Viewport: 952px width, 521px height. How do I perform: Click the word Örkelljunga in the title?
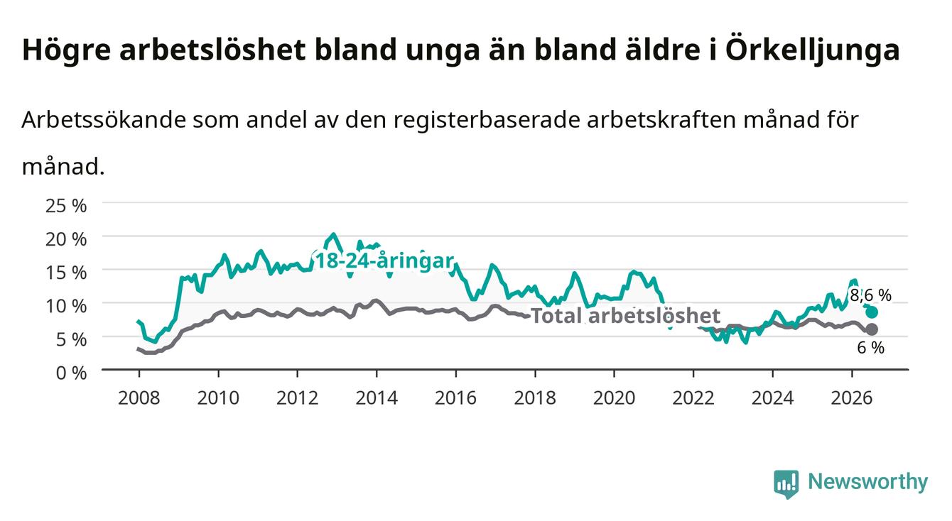click(812, 51)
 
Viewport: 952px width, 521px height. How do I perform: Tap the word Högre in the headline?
click(67, 51)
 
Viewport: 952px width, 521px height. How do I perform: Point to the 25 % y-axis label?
click(66, 206)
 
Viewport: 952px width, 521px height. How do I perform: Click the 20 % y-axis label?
click(66, 239)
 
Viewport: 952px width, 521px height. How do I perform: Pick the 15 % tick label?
click(66, 273)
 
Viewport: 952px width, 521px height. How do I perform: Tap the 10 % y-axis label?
click(66, 306)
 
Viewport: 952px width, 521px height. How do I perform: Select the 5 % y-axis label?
click(71, 340)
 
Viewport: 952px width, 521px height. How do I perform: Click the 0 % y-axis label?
click(71, 373)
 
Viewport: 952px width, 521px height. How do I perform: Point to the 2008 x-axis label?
click(139, 398)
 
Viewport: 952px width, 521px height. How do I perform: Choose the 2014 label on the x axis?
click(377, 398)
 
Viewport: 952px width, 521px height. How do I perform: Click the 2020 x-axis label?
click(614, 398)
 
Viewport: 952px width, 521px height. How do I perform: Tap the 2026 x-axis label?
click(852, 398)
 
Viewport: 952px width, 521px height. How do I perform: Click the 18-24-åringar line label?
click(384, 260)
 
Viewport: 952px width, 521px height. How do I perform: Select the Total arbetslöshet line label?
click(626, 316)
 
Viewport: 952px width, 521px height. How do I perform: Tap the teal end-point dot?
click(872, 312)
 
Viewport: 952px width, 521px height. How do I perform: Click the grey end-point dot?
click(872, 329)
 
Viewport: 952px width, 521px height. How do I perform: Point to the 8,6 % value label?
click(871, 295)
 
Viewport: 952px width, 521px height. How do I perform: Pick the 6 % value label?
click(871, 348)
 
